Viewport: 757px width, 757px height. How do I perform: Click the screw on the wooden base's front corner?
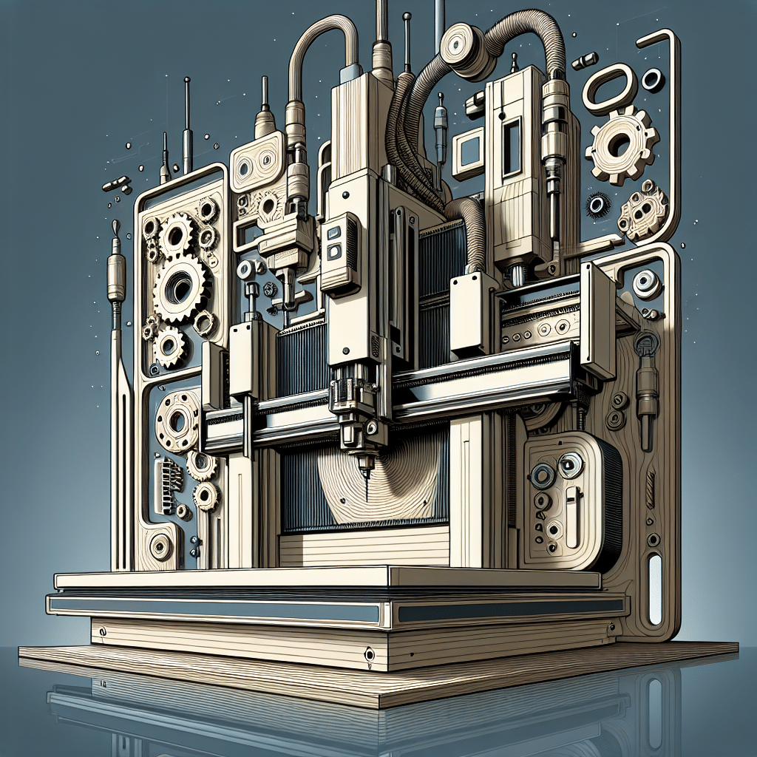[x=368, y=654]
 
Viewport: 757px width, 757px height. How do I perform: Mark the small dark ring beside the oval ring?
[x=652, y=79]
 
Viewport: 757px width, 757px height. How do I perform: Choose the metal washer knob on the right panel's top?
[x=646, y=283]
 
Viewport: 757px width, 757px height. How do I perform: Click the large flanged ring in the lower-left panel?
[x=178, y=421]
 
